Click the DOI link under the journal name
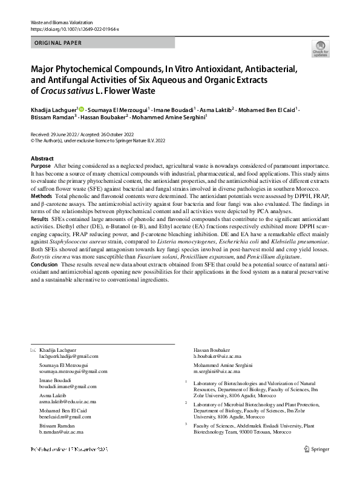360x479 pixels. point(74,28)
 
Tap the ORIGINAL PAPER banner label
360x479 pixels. point(58,43)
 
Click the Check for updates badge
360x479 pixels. point(320,48)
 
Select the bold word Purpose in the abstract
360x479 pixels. point(41,166)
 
